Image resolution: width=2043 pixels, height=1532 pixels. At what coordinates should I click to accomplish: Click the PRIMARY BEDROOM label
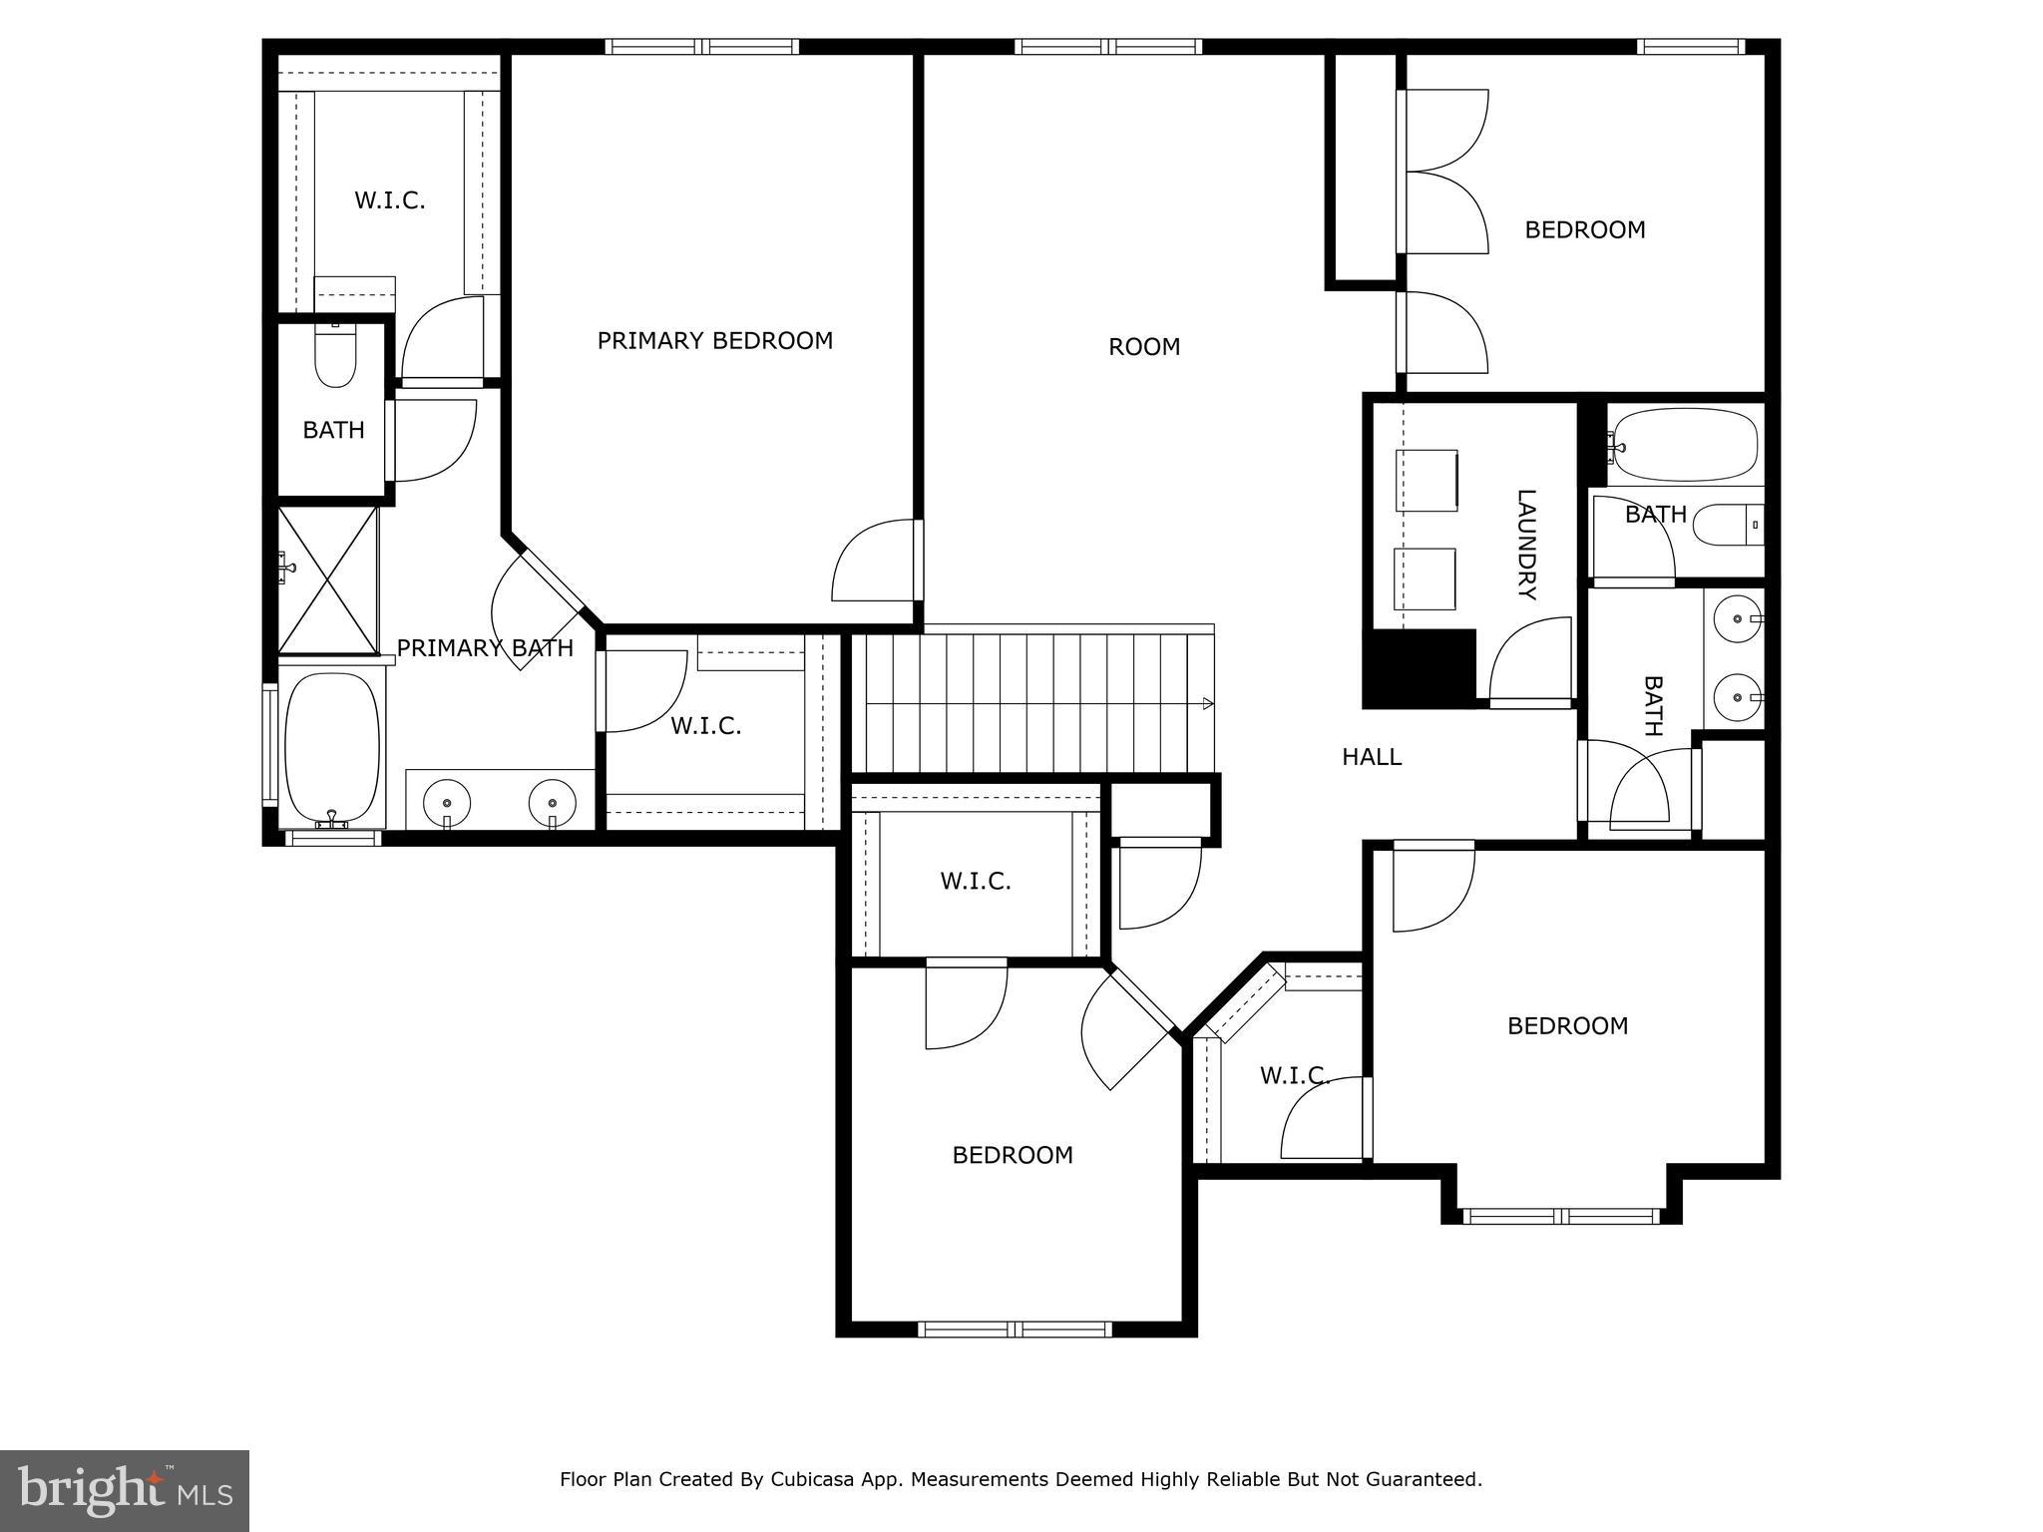point(714,341)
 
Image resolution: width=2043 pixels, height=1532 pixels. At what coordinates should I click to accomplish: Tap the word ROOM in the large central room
point(1144,347)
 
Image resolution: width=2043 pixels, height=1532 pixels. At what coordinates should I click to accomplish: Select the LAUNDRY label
point(1525,545)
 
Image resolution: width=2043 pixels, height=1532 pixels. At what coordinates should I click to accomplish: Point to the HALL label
point(1372,757)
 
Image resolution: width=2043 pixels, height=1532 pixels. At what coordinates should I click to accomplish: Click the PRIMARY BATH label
point(485,648)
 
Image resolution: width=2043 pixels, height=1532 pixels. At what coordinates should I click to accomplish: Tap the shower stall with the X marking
point(327,579)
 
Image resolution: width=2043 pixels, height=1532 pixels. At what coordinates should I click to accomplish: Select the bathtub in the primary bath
point(332,746)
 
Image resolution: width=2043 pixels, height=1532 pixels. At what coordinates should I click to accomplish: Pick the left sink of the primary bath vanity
point(446,801)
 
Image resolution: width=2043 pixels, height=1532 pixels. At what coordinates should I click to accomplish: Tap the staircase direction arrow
point(1208,704)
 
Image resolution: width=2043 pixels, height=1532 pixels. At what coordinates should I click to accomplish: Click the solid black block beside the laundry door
point(1419,668)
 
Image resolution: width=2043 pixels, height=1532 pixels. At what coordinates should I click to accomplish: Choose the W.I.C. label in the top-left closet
point(389,200)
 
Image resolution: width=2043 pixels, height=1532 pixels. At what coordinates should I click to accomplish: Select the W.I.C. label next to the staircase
point(705,726)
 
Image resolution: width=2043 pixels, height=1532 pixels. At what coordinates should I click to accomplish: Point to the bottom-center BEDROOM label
point(1013,1155)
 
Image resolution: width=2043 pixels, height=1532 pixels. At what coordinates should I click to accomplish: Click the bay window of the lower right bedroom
point(1561,1216)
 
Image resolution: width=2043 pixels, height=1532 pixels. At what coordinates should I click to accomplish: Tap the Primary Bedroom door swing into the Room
point(874,563)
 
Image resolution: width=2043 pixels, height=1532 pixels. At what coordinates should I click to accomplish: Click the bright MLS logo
point(125,1491)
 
